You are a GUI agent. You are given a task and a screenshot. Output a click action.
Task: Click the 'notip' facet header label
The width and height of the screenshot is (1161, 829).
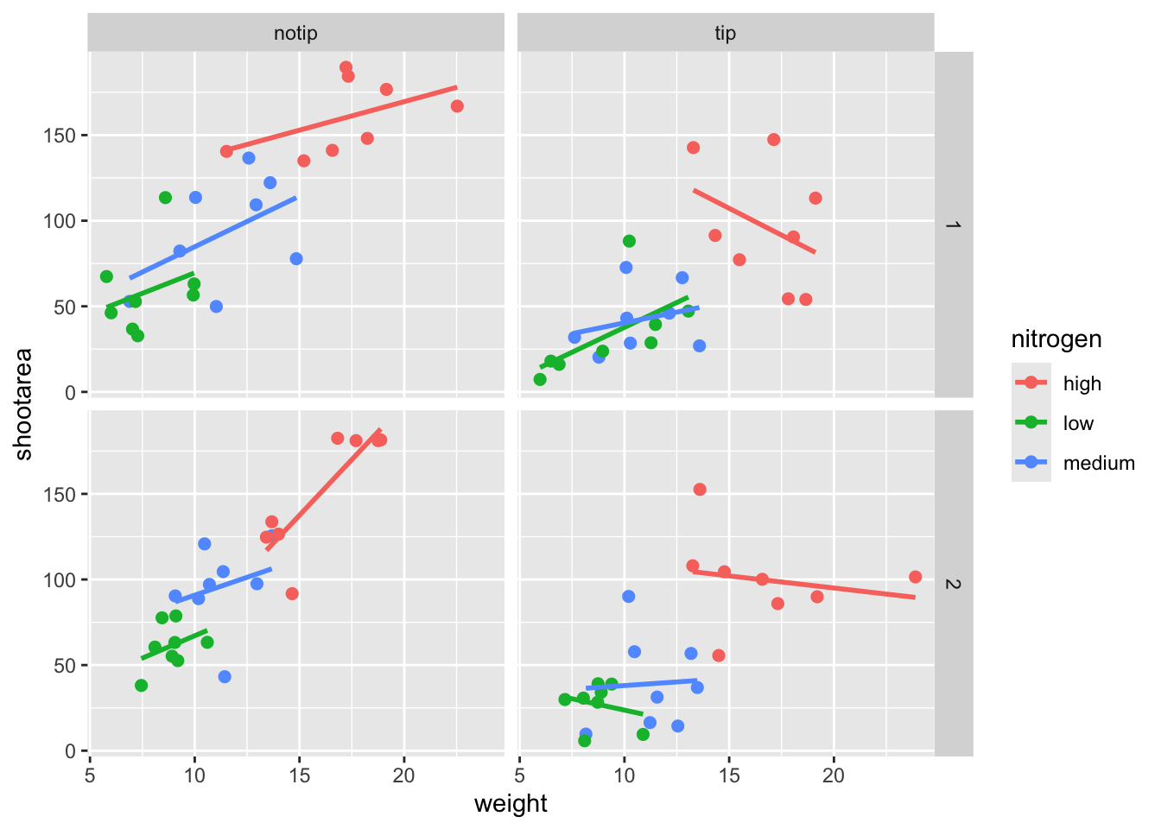pos(295,34)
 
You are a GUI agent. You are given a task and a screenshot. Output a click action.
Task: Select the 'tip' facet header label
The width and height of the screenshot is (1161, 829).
pos(725,34)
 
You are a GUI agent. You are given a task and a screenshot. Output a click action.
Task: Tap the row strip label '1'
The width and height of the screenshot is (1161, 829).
pos(953,225)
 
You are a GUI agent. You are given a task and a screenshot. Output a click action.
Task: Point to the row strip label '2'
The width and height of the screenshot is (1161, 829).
pos(953,584)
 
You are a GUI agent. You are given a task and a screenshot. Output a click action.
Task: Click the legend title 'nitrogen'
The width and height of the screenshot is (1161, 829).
pos(1056,339)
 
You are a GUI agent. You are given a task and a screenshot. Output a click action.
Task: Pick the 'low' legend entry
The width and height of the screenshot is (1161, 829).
pos(1078,423)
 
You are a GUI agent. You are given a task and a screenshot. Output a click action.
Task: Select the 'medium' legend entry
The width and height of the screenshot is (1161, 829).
pos(1098,463)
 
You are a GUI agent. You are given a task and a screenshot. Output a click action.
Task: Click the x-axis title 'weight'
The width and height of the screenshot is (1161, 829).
pos(511,804)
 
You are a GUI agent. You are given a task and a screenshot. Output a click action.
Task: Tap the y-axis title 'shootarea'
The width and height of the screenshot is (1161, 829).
pos(23,403)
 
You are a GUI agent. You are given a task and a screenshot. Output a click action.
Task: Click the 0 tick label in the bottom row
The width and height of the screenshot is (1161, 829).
pos(71,751)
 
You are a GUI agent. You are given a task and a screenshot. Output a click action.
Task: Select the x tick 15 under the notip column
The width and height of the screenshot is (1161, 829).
pos(299,775)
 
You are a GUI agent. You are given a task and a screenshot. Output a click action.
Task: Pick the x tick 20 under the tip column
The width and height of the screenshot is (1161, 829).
pos(833,775)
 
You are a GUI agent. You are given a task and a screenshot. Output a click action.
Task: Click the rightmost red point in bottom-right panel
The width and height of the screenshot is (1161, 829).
pos(915,577)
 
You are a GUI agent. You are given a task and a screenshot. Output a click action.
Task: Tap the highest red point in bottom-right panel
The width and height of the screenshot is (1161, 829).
pos(700,490)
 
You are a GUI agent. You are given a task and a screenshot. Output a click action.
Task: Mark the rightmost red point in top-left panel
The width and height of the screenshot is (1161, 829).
pos(457,106)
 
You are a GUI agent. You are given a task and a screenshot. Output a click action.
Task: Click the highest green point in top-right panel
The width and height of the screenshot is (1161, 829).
pos(629,241)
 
